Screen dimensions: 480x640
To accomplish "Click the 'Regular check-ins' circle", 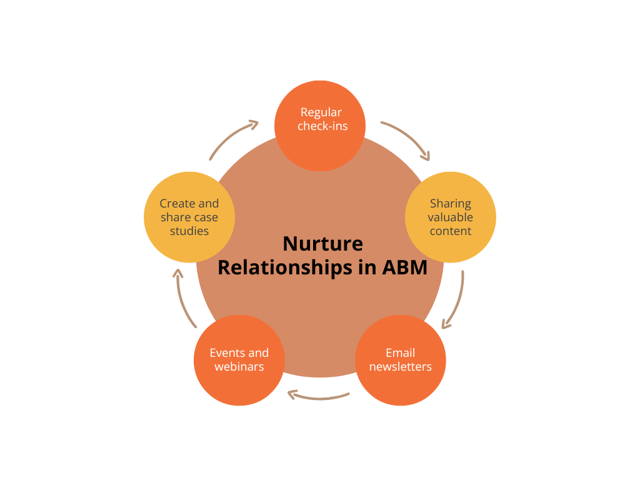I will pyautogui.click(x=320, y=125).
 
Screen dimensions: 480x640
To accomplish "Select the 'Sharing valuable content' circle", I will pyautogui.click(x=450, y=217).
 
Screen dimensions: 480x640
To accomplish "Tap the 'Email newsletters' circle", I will pyautogui.click(x=400, y=360).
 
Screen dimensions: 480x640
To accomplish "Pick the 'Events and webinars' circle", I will pyautogui.click(x=239, y=360).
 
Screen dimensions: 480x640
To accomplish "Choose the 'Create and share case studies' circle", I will pyautogui.click(x=189, y=217).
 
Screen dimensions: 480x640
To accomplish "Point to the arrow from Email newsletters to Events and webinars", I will pyautogui.click(x=319, y=396).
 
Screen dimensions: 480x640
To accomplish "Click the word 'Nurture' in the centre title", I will pyautogui.click(x=322, y=243).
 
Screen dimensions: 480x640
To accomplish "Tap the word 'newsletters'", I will pyautogui.click(x=400, y=367).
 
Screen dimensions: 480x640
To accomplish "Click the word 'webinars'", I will pyautogui.click(x=239, y=367).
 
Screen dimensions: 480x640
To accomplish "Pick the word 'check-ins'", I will pyautogui.click(x=322, y=126).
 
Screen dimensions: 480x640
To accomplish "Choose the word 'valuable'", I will pyautogui.click(x=450, y=217).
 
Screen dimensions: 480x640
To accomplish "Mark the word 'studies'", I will pyautogui.click(x=189, y=231).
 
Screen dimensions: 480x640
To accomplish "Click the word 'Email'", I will pyautogui.click(x=400, y=352).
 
